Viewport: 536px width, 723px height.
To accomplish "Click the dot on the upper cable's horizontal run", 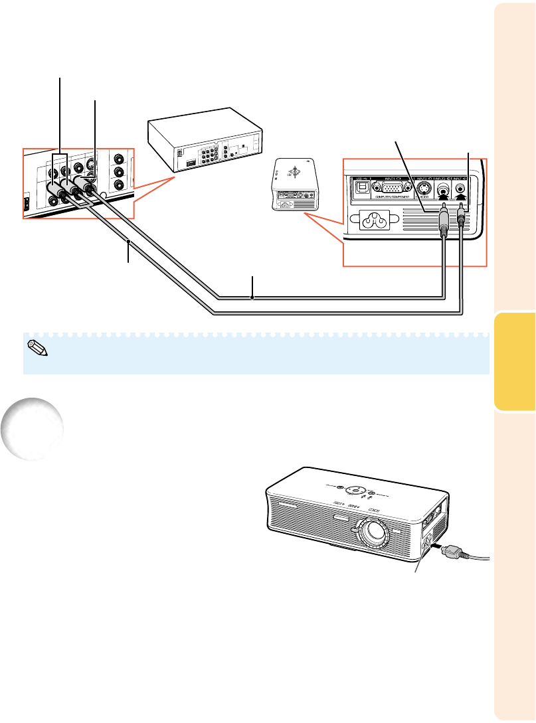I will [252, 298].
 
